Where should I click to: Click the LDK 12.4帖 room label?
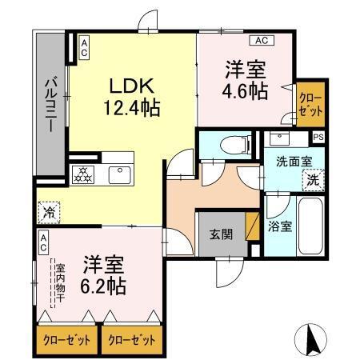pyautogui.click(x=122, y=94)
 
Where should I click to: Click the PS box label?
pyautogui.click(x=318, y=137)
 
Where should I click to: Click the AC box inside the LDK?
pyautogui.click(x=83, y=47)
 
